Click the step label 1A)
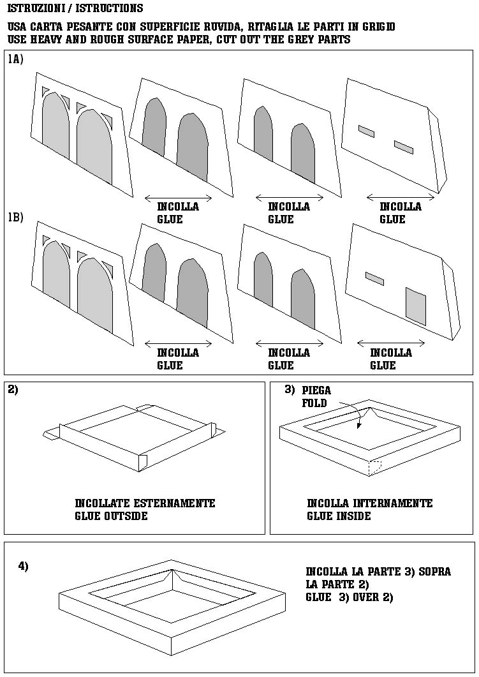tap(16, 59)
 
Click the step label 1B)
tap(16, 217)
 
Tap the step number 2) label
tap(13, 390)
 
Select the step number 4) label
tap(23, 566)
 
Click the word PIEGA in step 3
tap(316, 391)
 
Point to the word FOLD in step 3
tap(314, 403)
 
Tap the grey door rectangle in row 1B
tap(415, 306)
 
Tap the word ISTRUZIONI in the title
tap(36, 9)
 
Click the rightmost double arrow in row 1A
tap(400, 197)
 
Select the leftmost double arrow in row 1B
tap(178, 343)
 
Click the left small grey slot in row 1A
tap(366, 131)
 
